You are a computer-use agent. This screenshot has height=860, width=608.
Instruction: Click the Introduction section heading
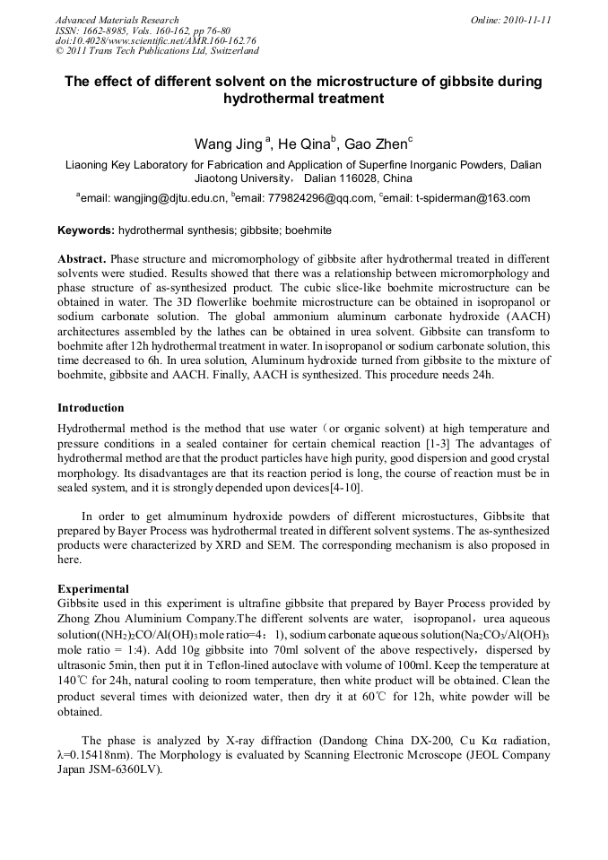coord(91,408)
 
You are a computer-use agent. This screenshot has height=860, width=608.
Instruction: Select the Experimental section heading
coord(93,589)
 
